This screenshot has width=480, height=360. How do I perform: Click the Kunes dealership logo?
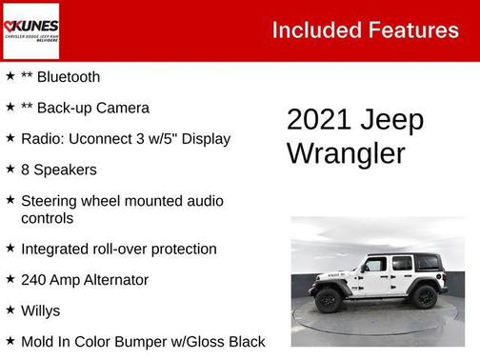[x=30, y=30]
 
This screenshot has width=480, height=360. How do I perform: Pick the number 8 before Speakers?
[x=26, y=170]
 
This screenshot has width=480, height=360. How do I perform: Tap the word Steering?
[x=51, y=201]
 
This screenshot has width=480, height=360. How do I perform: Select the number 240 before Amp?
[x=35, y=280]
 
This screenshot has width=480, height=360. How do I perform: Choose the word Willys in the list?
[x=40, y=310]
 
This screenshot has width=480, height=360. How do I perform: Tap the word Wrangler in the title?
[x=346, y=153]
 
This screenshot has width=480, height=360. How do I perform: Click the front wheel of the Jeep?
[x=330, y=298]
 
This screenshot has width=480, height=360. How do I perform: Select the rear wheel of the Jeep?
[x=424, y=297]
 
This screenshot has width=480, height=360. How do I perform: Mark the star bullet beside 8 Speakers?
[x=10, y=169]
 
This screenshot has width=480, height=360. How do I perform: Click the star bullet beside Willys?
[x=10, y=310]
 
